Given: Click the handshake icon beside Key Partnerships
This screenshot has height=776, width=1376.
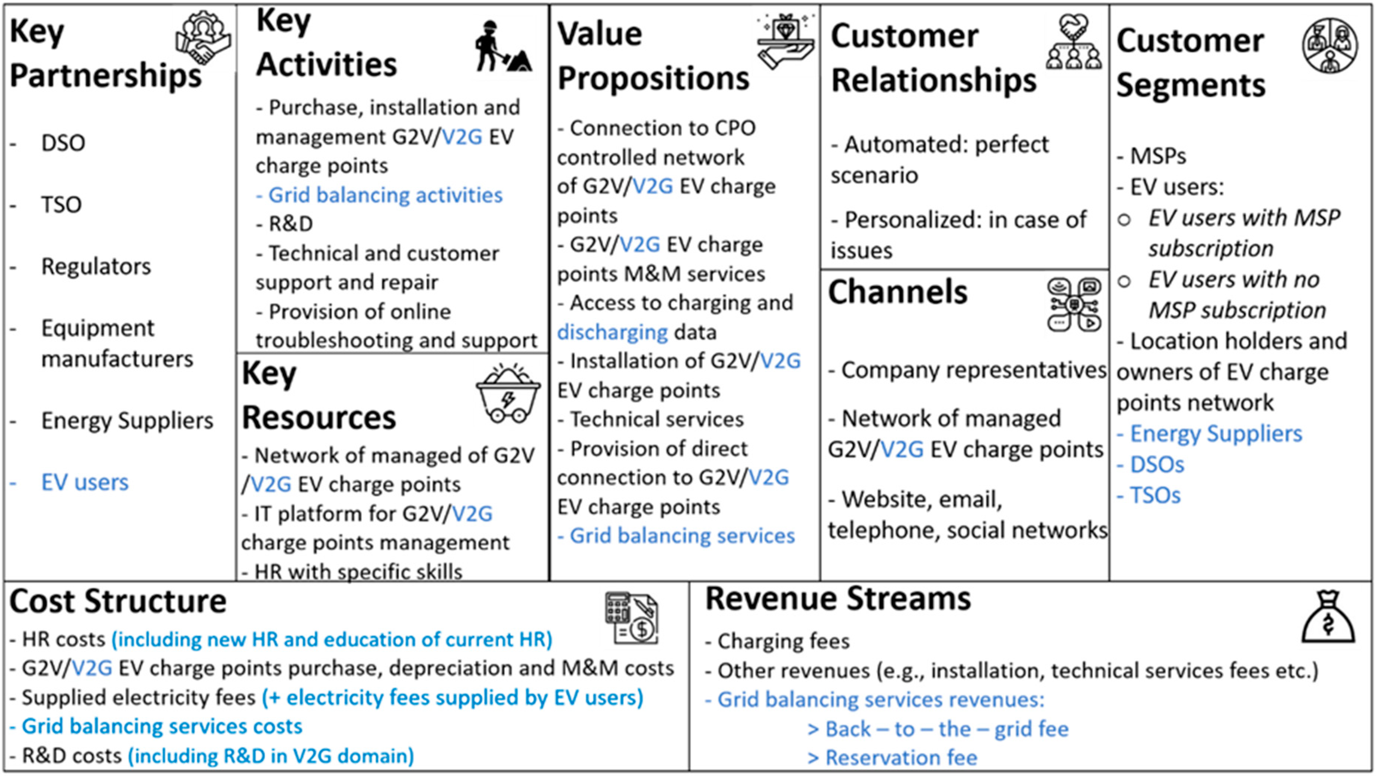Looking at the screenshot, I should click(x=203, y=38).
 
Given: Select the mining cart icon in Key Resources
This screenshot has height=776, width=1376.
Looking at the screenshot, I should click(x=507, y=394).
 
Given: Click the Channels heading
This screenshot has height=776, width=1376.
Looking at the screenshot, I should click(x=897, y=292).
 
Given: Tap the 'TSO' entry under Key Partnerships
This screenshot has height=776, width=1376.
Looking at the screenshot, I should click(x=61, y=205).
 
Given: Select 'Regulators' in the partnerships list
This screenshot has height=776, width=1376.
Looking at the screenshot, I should click(x=96, y=266).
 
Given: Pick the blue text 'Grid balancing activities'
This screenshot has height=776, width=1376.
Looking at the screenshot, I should click(x=384, y=195).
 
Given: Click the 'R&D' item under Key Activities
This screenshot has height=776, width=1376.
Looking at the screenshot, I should click(x=291, y=224).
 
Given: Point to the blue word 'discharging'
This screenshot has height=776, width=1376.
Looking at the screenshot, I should click(x=612, y=332).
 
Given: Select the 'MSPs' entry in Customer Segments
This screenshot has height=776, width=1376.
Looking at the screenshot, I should click(x=1158, y=156).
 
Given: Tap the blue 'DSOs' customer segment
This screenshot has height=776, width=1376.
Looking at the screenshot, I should click(x=1156, y=464).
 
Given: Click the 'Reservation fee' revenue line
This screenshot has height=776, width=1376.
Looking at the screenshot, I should click(x=901, y=757).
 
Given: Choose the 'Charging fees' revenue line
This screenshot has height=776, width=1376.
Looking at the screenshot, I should click(x=783, y=641).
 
